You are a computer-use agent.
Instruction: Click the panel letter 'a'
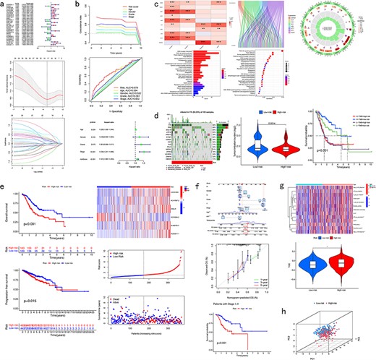click(x=4, y=4)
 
